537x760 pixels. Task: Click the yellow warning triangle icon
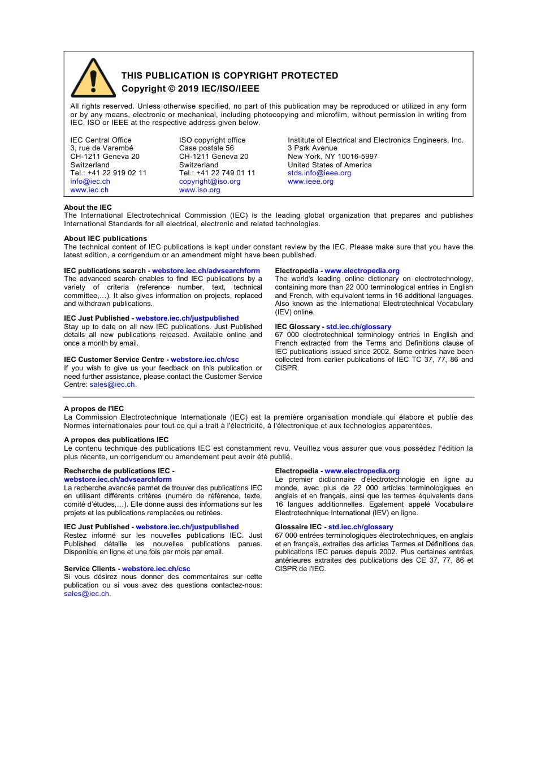pyautogui.click(x=93, y=79)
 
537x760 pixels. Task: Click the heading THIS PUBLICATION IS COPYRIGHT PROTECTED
pyautogui.click(x=229, y=76)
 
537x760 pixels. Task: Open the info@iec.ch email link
pyautogui.click(x=90, y=182)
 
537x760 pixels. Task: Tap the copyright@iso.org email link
pyautogui.click(x=210, y=182)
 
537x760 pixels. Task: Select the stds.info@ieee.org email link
pyautogui.click(x=319, y=173)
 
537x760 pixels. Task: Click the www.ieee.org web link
pyautogui.click(x=310, y=182)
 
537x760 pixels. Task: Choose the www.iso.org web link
pyautogui.click(x=200, y=190)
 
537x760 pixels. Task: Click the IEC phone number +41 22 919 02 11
pyautogui.click(x=117, y=173)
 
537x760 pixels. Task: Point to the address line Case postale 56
pyautogui.click(x=206, y=148)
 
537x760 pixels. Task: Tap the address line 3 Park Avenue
pyautogui.click(x=312, y=148)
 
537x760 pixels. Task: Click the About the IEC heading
pyautogui.click(x=88, y=208)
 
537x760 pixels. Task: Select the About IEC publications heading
pyautogui.click(x=105, y=239)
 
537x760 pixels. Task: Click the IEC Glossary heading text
pyautogui.click(x=297, y=327)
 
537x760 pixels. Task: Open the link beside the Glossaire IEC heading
pyautogui.click(x=361, y=527)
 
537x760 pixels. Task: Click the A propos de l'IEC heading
pyautogui.click(x=94, y=409)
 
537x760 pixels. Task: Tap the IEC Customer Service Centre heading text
pyautogui.click(x=114, y=360)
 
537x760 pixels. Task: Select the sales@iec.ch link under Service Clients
pyautogui.click(x=87, y=594)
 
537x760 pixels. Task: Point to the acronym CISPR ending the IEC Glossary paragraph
pyautogui.click(x=286, y=368)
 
